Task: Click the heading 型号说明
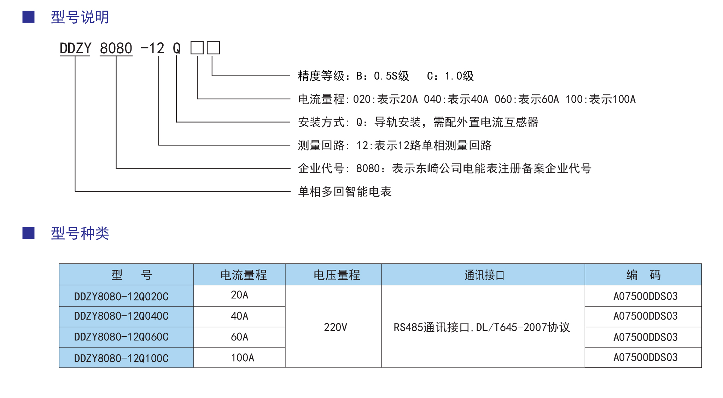click(80, 17)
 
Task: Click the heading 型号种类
click(80, 233)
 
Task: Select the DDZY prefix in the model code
click(75, 48)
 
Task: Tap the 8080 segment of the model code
click(116, 48)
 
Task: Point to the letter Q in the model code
click(177, 48)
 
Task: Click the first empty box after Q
click(197, 48)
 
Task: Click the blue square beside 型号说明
click(28, 17)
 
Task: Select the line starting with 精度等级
click(386, 76)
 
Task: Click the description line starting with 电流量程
click(467, 99)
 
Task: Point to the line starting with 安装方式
click(418, 122)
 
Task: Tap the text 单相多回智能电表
click(345, 192)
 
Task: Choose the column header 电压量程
click(337, 275)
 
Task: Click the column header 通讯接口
click(484, 275)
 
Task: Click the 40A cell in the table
click(239, 316)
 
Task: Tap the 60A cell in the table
click(239, 337)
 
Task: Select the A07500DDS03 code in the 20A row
click(646, 296)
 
